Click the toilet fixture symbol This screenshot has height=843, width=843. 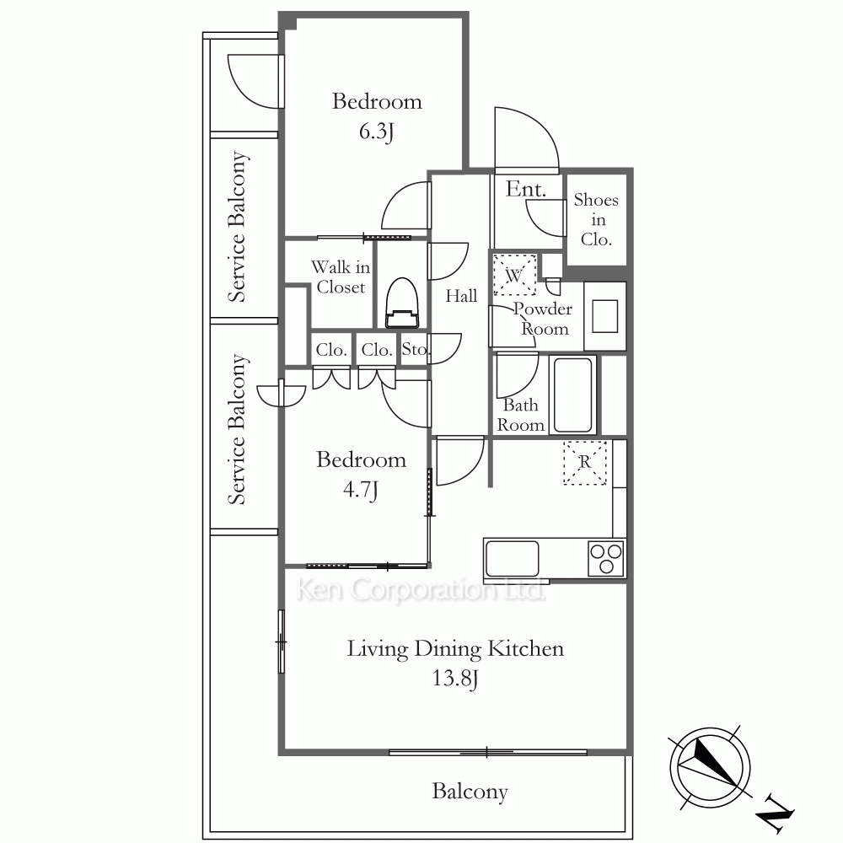click(402, 303)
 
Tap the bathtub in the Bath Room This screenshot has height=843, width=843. click(572, 395)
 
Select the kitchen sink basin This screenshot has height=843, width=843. click(512, 559)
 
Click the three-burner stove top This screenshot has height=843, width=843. click(606, 558)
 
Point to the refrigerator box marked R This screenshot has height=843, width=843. click(585, 463)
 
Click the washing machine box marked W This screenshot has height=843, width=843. click(514, 275)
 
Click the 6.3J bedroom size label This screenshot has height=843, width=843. click(376, 132)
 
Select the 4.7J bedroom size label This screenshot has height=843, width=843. click(360, 490)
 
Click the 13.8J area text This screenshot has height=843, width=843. click(455, 679)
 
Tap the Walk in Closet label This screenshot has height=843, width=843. click(341, 277)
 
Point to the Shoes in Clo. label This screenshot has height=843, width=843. click(596, 219)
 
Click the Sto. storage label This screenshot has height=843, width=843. click(415, 350)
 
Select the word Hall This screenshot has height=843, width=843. click(461, 296)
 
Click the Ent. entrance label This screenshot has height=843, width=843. click(526, 189)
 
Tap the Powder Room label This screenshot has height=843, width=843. click(543, 319)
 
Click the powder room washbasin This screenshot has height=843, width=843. click(604, 316)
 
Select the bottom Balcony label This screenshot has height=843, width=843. click(470, 792)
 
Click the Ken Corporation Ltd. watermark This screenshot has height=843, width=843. click(421, 590)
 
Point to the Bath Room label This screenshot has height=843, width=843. click(520, 415)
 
